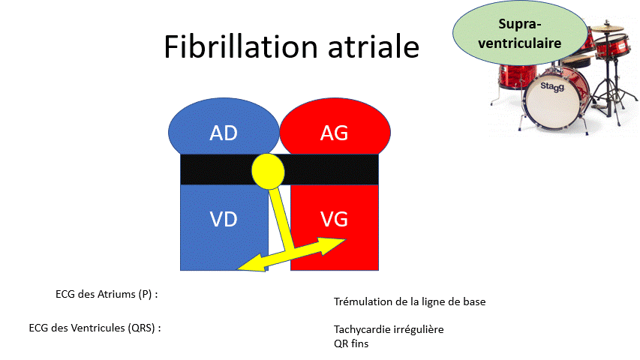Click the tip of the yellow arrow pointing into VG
point(347,239)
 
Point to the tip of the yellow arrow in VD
point(237,269)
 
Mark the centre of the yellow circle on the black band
point(268,172)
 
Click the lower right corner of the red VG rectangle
point(378,270)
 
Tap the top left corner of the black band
point(180,154)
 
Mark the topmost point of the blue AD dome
point(224,98)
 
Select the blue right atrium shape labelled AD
point(224,127)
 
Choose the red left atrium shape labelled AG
point(335,127)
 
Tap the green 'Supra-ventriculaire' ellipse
point(520,34)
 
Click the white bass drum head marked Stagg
point(551,99)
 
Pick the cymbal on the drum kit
point(608,28)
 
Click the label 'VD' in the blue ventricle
point(224,219)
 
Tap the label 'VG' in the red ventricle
point(335,219)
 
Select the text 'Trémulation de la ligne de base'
point(410,301)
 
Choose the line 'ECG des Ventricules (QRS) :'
point(95,328)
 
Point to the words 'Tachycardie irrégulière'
point(389,329)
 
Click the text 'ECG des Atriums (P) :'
point(107,294)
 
